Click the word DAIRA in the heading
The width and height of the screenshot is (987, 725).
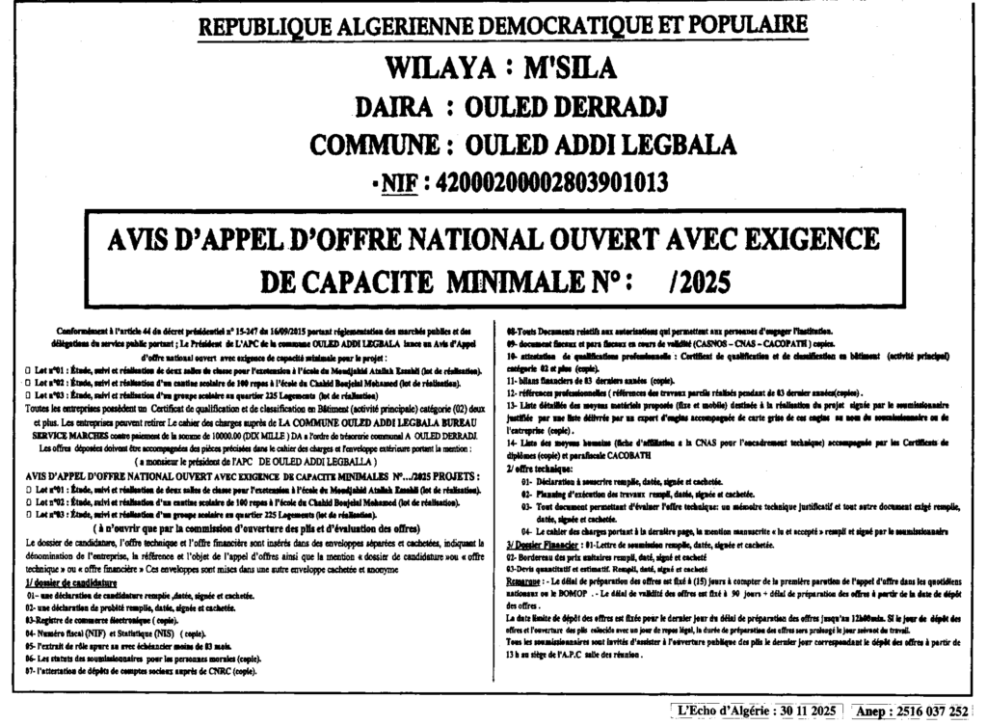(391, 106)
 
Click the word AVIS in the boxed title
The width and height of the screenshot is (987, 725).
(141, 238)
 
